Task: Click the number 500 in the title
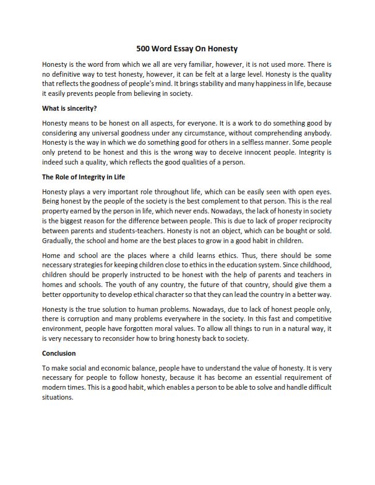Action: (144, 48)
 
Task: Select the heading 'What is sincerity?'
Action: (69, 108)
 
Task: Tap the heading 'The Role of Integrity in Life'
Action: (84, 177)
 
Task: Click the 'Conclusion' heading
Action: (59, 353)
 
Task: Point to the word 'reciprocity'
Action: (313, 221)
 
